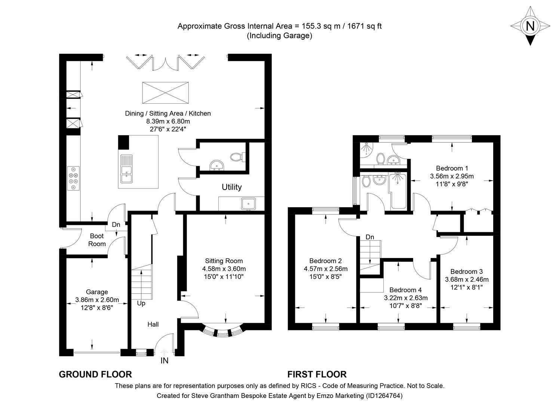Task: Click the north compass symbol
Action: pos(530,26)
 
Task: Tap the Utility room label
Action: pos(231,187)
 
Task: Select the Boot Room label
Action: pos(97,240)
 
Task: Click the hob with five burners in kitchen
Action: pos(73,178)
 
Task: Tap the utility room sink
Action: pos(249,204)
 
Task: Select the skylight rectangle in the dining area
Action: pos(165,92)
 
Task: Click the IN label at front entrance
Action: pos(165,361)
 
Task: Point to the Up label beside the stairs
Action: pos(141,303)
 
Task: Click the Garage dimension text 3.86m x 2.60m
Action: pos(97,300)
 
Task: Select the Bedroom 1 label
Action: pos(452,168)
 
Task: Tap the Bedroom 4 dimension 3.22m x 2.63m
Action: pos(405,298)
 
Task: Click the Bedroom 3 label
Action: pos(466,272)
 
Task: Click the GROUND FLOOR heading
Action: pos(95,374)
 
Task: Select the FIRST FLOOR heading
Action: pos(317,374)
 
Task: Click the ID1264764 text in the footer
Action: pos(384,395)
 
